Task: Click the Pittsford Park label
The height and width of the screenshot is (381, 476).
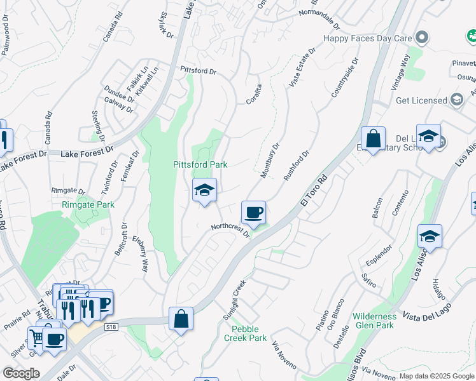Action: click(200, 164)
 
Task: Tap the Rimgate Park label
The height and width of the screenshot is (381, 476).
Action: click(88, 204)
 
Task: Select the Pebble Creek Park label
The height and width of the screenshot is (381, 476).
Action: click(245, 333)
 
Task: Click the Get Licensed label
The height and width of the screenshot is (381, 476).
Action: click(421, 100)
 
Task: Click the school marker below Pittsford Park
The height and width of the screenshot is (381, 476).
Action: click(205, 190)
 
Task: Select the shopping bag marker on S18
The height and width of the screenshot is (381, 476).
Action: click(181, 319)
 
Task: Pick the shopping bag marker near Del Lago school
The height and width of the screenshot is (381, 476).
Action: click(373, 139)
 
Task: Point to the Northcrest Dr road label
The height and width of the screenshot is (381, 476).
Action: click(230, 231)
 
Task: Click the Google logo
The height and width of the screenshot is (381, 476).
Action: click(21, 373)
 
